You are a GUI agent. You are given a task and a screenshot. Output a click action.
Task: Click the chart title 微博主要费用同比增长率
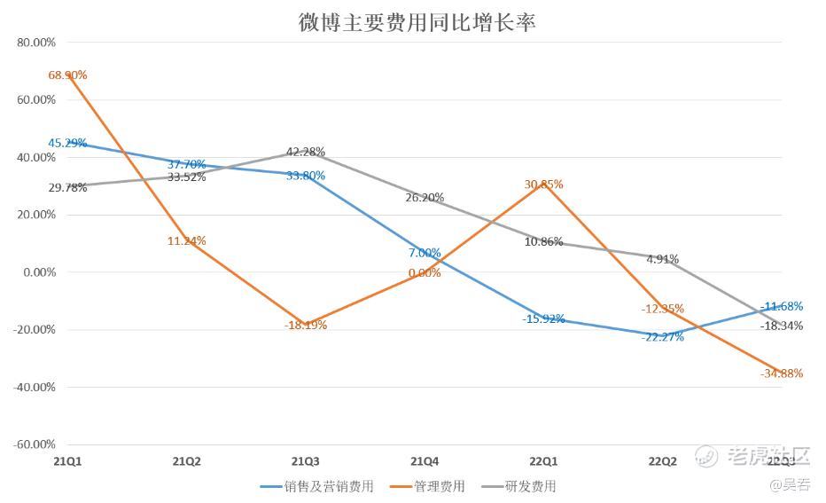(417, 21)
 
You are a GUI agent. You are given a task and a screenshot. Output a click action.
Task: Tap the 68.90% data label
(67, 75)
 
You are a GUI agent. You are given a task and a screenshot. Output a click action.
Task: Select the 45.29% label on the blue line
(67, 143)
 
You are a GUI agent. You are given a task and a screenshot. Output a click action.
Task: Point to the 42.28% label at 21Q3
(305, 152)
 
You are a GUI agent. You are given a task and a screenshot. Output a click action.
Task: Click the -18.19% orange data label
(305, 326)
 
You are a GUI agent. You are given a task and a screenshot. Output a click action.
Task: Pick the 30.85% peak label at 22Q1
(543, 185)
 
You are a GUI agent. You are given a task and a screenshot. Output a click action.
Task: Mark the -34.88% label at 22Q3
(781, 373)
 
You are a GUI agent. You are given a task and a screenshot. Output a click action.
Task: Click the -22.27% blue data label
(662, 337)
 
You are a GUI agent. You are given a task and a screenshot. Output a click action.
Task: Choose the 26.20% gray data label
(425, 198)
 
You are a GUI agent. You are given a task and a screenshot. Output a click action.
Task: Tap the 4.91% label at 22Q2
(662, 260)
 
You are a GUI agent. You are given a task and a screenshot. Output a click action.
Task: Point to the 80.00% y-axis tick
(36, 42)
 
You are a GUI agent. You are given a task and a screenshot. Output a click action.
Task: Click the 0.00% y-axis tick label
(39, 271)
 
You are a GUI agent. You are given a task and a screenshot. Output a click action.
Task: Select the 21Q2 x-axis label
(186, 462)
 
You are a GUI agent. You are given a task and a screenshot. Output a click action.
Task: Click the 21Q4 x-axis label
(425, 462)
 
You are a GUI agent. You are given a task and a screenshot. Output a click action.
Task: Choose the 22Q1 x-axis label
(543, 462)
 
